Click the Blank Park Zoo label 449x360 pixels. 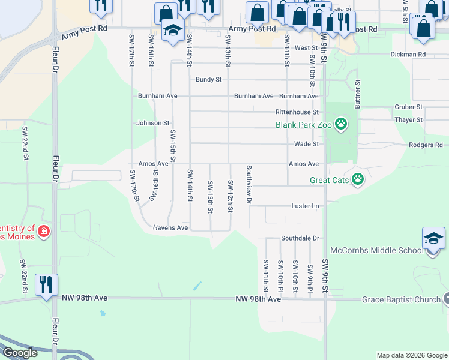click(303, 125)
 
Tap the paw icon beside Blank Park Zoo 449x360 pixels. click(342, 125)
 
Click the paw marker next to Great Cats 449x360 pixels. click(358, 179)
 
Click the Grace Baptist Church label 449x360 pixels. click(400, 299)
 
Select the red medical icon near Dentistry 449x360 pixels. click(43, 231)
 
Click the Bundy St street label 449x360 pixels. click(209, 80)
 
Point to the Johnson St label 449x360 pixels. click(153, 123)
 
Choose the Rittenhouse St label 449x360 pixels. click(297, 112)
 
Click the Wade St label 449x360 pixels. click(306, 144)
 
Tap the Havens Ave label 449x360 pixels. click(170, 228)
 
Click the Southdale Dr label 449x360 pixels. click(300, 238)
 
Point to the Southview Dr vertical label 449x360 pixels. click(249, 185)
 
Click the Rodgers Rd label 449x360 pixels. click(425, 145)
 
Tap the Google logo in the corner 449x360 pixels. click(20, 353)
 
